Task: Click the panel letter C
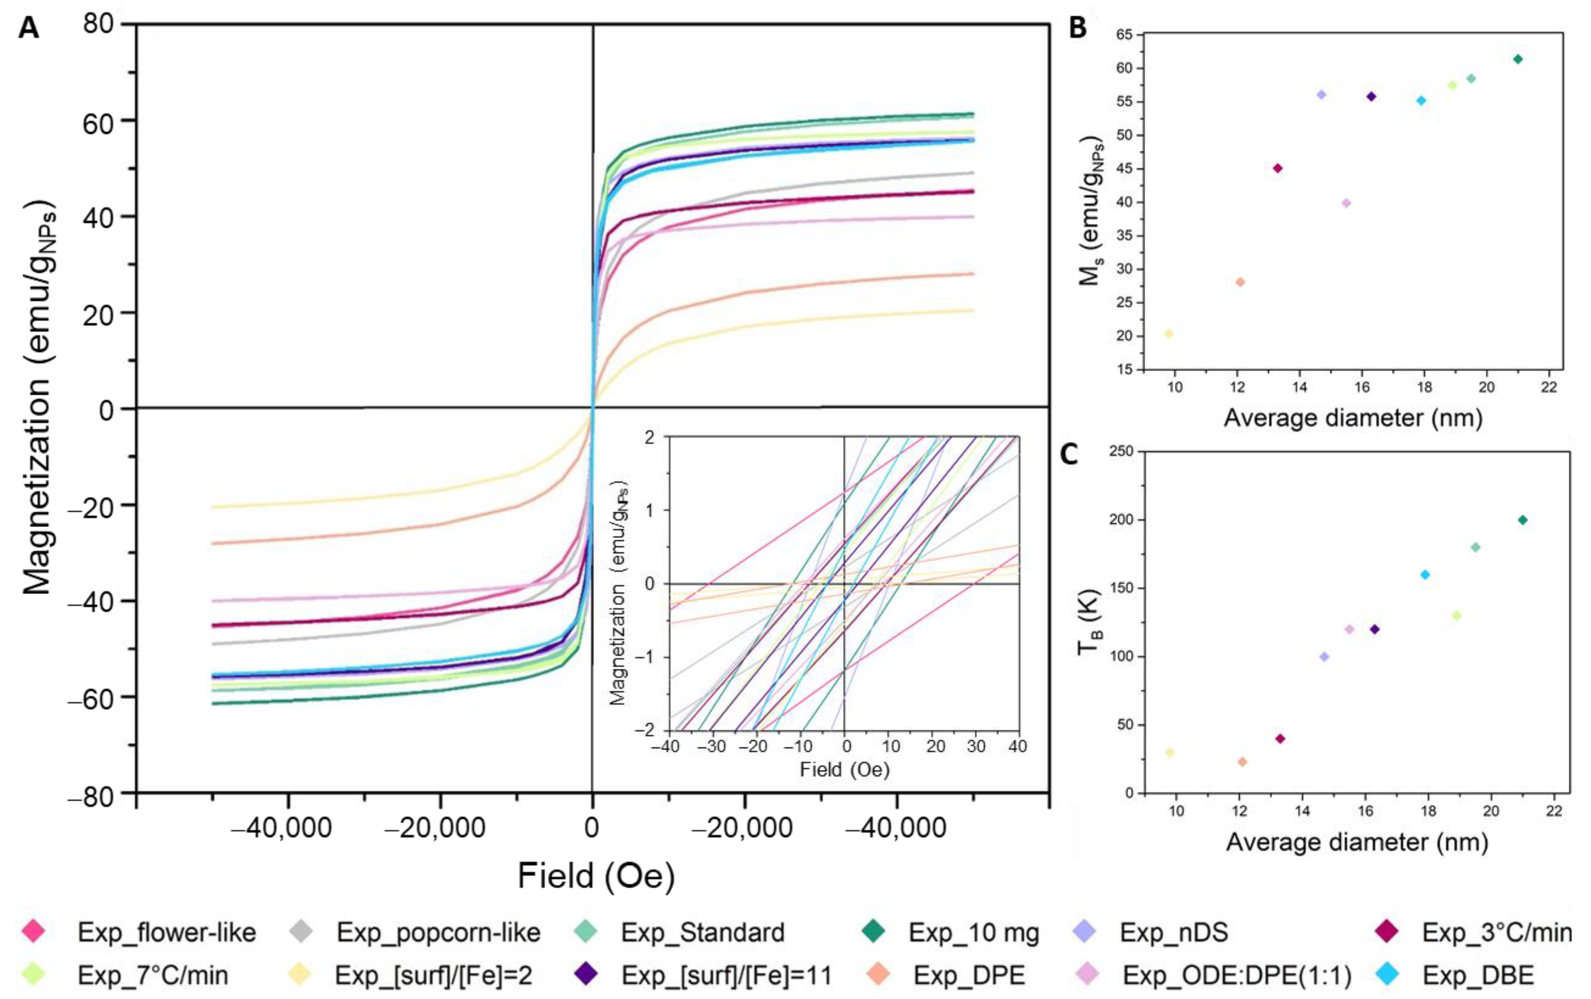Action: (x=1068, y=454)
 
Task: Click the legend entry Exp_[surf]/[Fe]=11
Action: (x=726, y=975)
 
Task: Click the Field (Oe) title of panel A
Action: (x=596, y=876)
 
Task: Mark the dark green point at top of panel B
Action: (x=1518, y=59)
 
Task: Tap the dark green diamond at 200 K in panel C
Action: (x=1522, y=520)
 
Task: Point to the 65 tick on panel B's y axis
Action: (x=1124, y=34)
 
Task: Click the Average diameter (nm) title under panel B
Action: (x=1353, y=418)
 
